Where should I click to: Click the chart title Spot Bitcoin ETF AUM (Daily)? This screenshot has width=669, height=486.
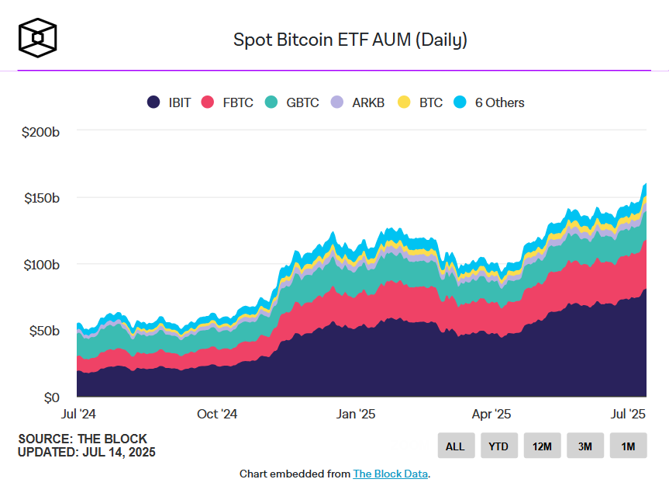pos(350,40)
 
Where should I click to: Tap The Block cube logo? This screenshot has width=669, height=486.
pos(38,37)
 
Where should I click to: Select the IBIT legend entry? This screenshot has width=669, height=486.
pos(168,102)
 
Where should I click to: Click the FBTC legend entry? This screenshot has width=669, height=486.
pos(227,102)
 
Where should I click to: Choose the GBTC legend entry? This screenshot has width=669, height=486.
pos(291,102)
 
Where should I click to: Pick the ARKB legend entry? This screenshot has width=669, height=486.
pos(357,102)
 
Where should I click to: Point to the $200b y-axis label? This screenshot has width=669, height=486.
pos(40,132)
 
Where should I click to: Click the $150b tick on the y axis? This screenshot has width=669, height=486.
pos(40,198)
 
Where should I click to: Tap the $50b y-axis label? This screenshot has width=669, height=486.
pos(43,331)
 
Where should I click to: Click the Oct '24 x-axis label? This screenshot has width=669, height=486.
pos(217,414)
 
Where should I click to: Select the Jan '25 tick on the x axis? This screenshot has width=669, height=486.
pos(357,414)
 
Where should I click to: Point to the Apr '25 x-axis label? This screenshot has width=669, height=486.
pos(491,414)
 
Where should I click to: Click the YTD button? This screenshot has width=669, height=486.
pos(498,446)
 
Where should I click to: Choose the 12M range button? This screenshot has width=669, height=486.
pos(542,446)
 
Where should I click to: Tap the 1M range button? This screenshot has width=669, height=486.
pos(628,446)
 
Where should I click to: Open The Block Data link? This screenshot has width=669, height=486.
pos(390,474)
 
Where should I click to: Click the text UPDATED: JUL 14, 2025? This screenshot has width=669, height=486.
pos(86,452)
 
